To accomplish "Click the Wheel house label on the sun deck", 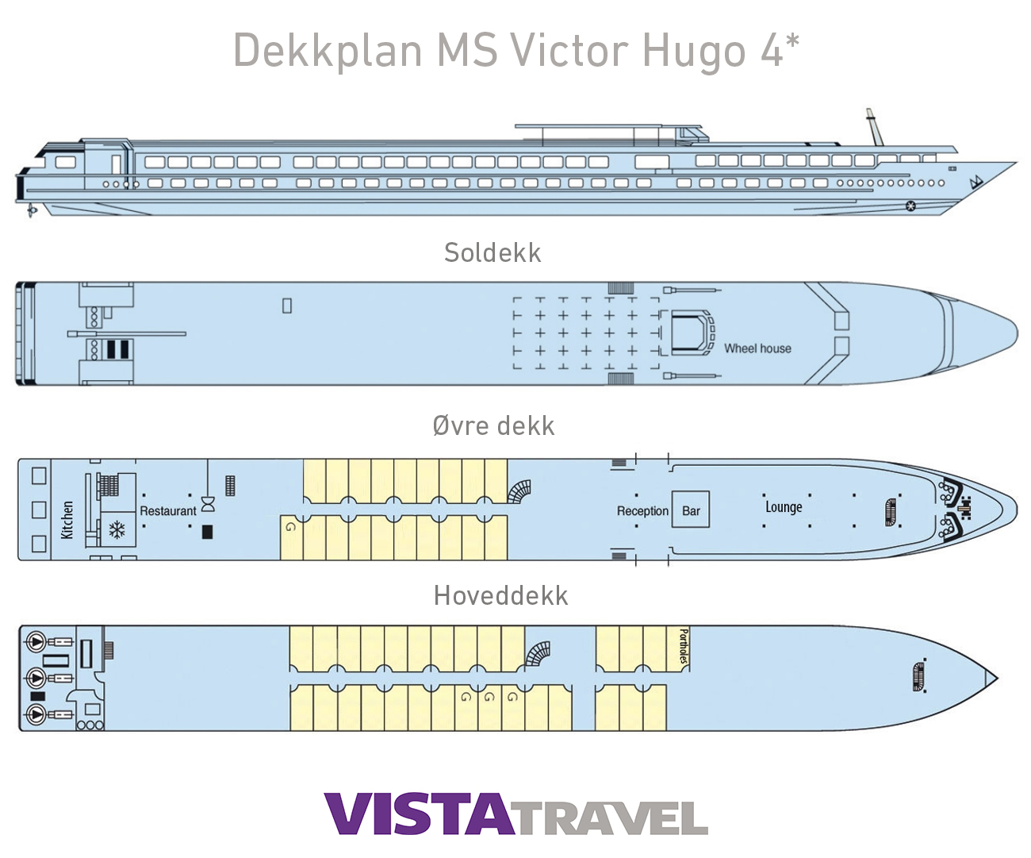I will (757, 348).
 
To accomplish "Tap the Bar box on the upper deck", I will (691, 510).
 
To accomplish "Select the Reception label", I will (642, 511).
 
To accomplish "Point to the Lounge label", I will (784, 507).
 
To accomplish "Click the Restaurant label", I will (168, 511).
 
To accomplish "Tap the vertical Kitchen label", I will (67, 520).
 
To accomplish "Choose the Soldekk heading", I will (493, 252).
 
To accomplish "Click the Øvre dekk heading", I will (493, 426).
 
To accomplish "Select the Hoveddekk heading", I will (500, 595).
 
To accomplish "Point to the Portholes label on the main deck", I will (684, 647).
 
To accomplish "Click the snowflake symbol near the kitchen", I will (117, 529).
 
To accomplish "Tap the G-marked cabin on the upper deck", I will (291, 537).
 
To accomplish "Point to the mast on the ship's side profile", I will (874, 127).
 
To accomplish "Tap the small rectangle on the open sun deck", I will (287, 306).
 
